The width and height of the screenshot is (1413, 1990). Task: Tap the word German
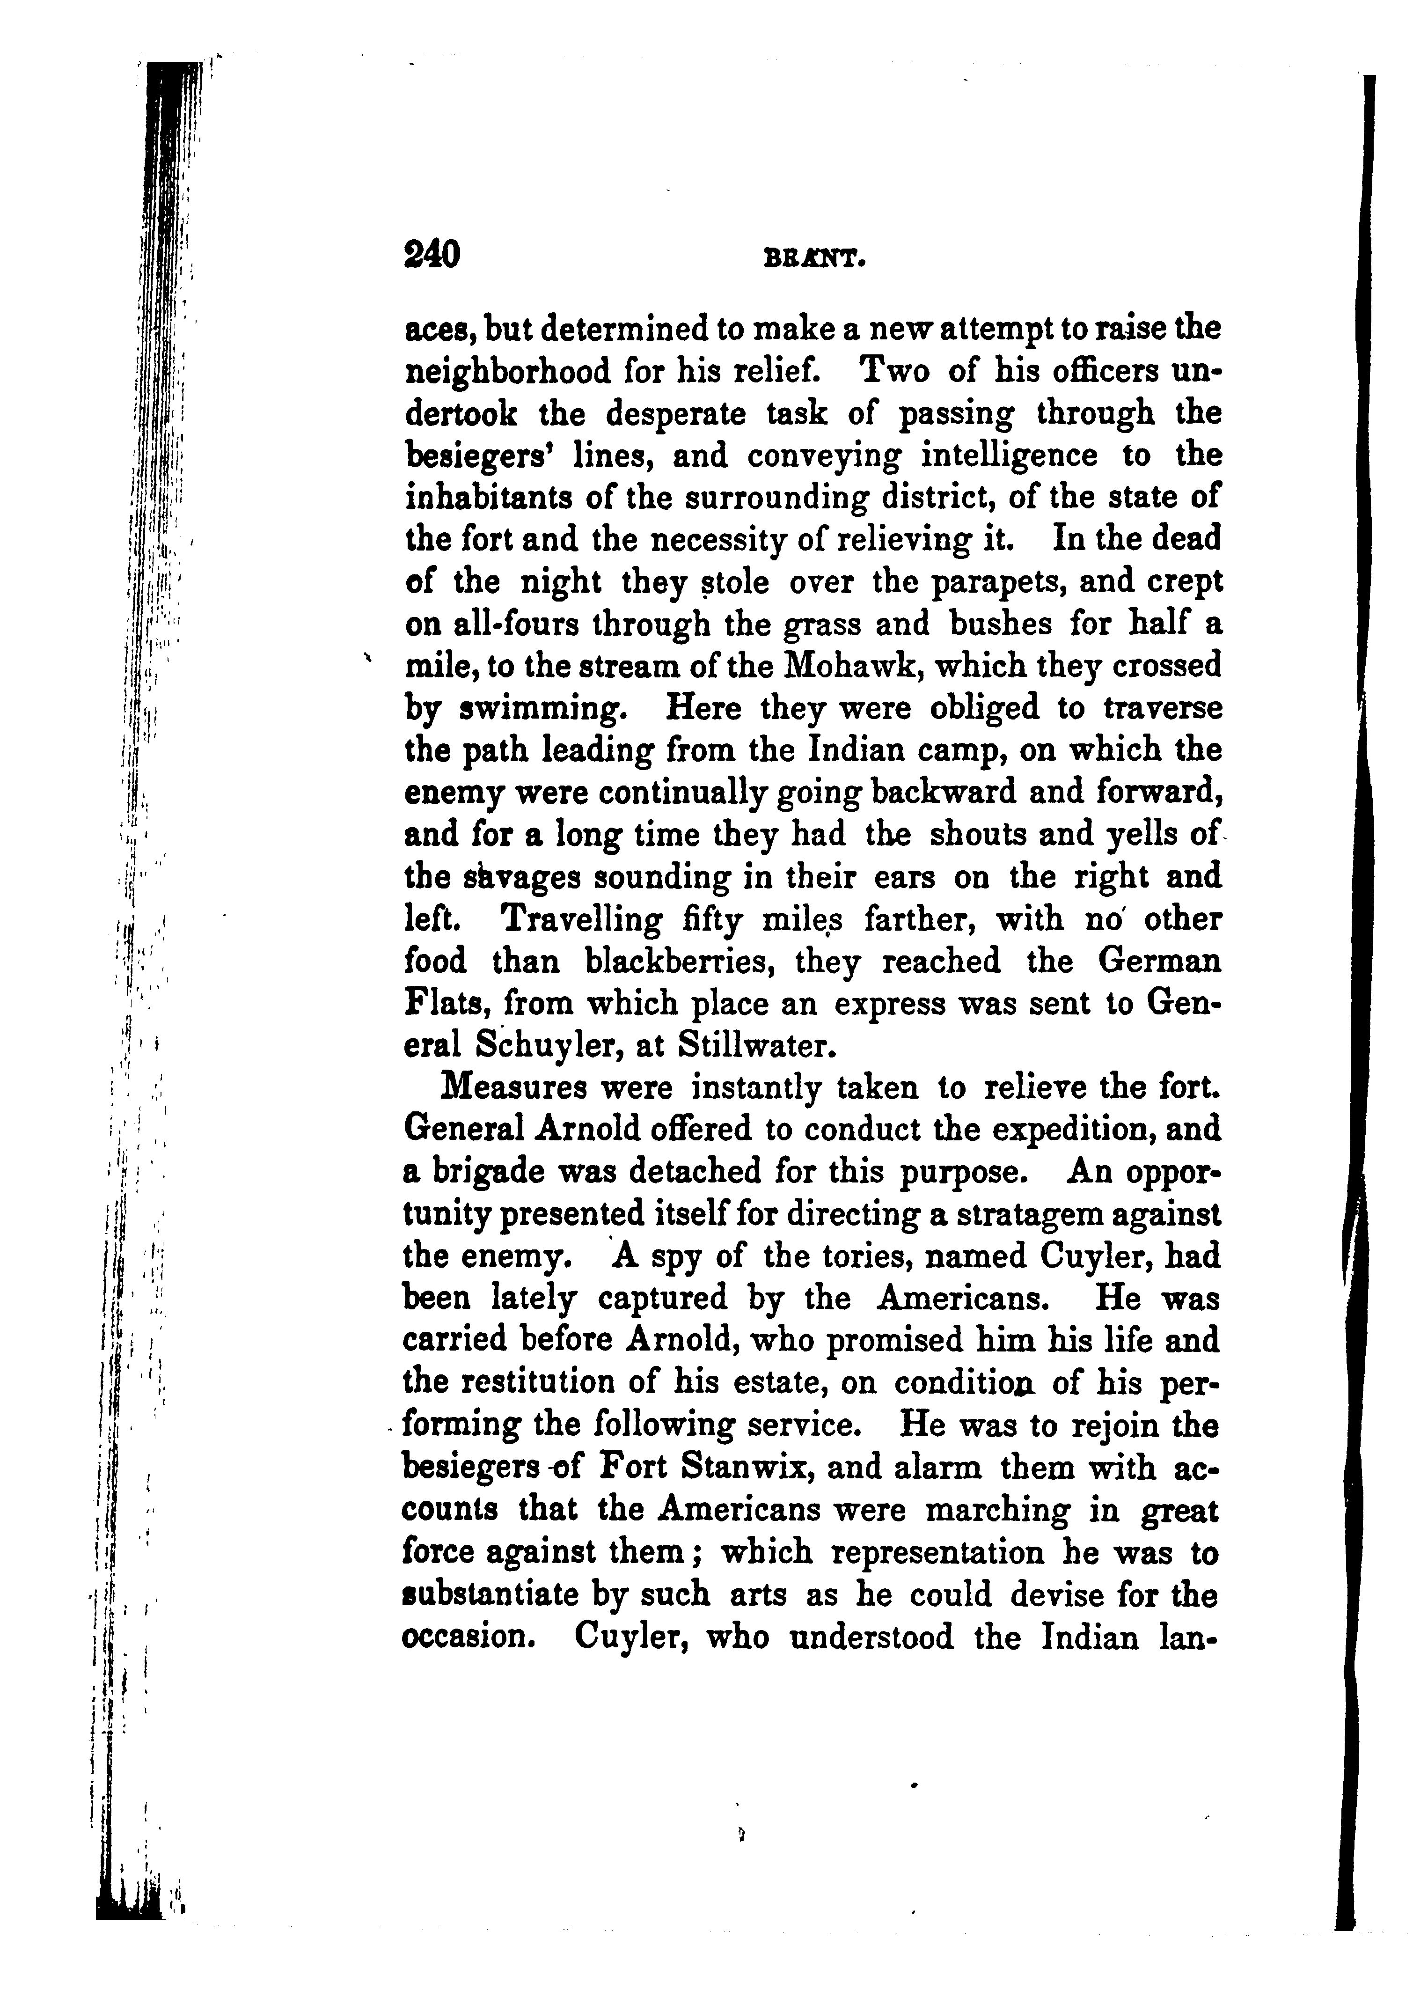tap(1160, 962)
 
